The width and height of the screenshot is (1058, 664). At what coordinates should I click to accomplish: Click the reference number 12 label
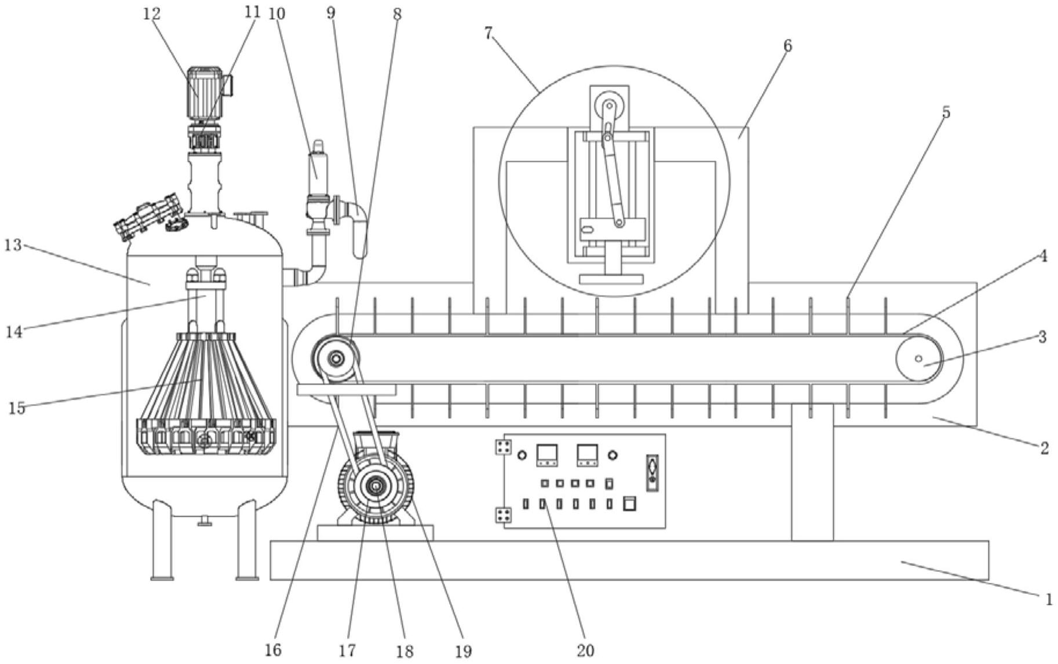(x=152, y=13)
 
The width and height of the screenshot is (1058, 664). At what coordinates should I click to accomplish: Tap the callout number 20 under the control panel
(x=586, y=650)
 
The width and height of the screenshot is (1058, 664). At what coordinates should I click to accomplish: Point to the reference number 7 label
(x=489, y=34)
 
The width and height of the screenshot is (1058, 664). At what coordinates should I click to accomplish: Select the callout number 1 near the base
(x=1048, y=600)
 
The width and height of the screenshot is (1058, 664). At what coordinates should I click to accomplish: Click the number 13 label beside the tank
(x=13, y=245)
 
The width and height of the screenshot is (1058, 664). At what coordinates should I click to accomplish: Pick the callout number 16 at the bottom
(x=273, y=650)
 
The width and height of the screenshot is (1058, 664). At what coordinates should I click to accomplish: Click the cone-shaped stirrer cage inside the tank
(x=206, y=394)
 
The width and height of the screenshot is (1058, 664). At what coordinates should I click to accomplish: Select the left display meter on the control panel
(x=547, y=455)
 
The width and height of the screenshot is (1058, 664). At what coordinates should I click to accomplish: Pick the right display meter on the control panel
(x=588, y=455)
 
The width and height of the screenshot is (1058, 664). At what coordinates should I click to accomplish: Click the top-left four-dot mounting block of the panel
(x=502, y=447)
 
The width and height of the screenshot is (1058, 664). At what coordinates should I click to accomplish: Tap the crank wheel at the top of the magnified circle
(x=608, y=107)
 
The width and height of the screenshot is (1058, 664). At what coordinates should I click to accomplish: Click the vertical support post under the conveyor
(x=812, y=472)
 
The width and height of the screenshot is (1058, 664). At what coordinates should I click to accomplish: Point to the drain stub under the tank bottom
(x=205, y=521)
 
